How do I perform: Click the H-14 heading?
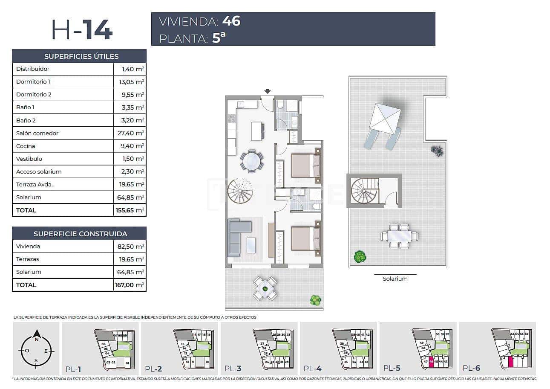(x=82, y=30)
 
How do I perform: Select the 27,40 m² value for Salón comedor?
(x=130, y=133)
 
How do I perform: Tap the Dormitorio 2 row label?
(x=34, y=94)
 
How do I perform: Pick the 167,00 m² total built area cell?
(x=130, y=285)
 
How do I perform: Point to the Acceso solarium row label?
(x=39, y=171)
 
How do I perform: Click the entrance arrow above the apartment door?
(x=267, y=91)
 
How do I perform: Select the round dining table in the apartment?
(x=252, y=161)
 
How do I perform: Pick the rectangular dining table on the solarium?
(x=399, y=236)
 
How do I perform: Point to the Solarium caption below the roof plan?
(x=395, y=279)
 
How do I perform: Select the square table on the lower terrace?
(x=265, y=288)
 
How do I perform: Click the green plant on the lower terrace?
(x=315, y=300)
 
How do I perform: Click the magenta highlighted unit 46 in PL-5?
(x=431, y=361)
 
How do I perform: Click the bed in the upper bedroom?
(x=305, y=165)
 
